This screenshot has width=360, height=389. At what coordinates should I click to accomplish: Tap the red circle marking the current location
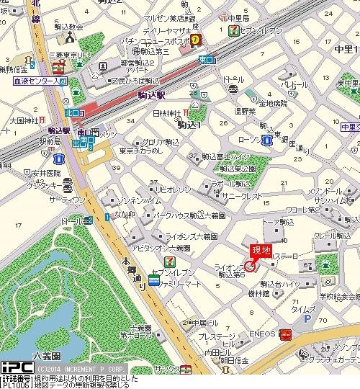click(250, 265)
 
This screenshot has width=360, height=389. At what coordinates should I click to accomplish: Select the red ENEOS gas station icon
click(285, 334)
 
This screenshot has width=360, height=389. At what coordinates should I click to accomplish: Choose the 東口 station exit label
click(205, 60)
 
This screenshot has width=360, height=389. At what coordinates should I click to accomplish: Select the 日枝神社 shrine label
click(166, 114)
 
